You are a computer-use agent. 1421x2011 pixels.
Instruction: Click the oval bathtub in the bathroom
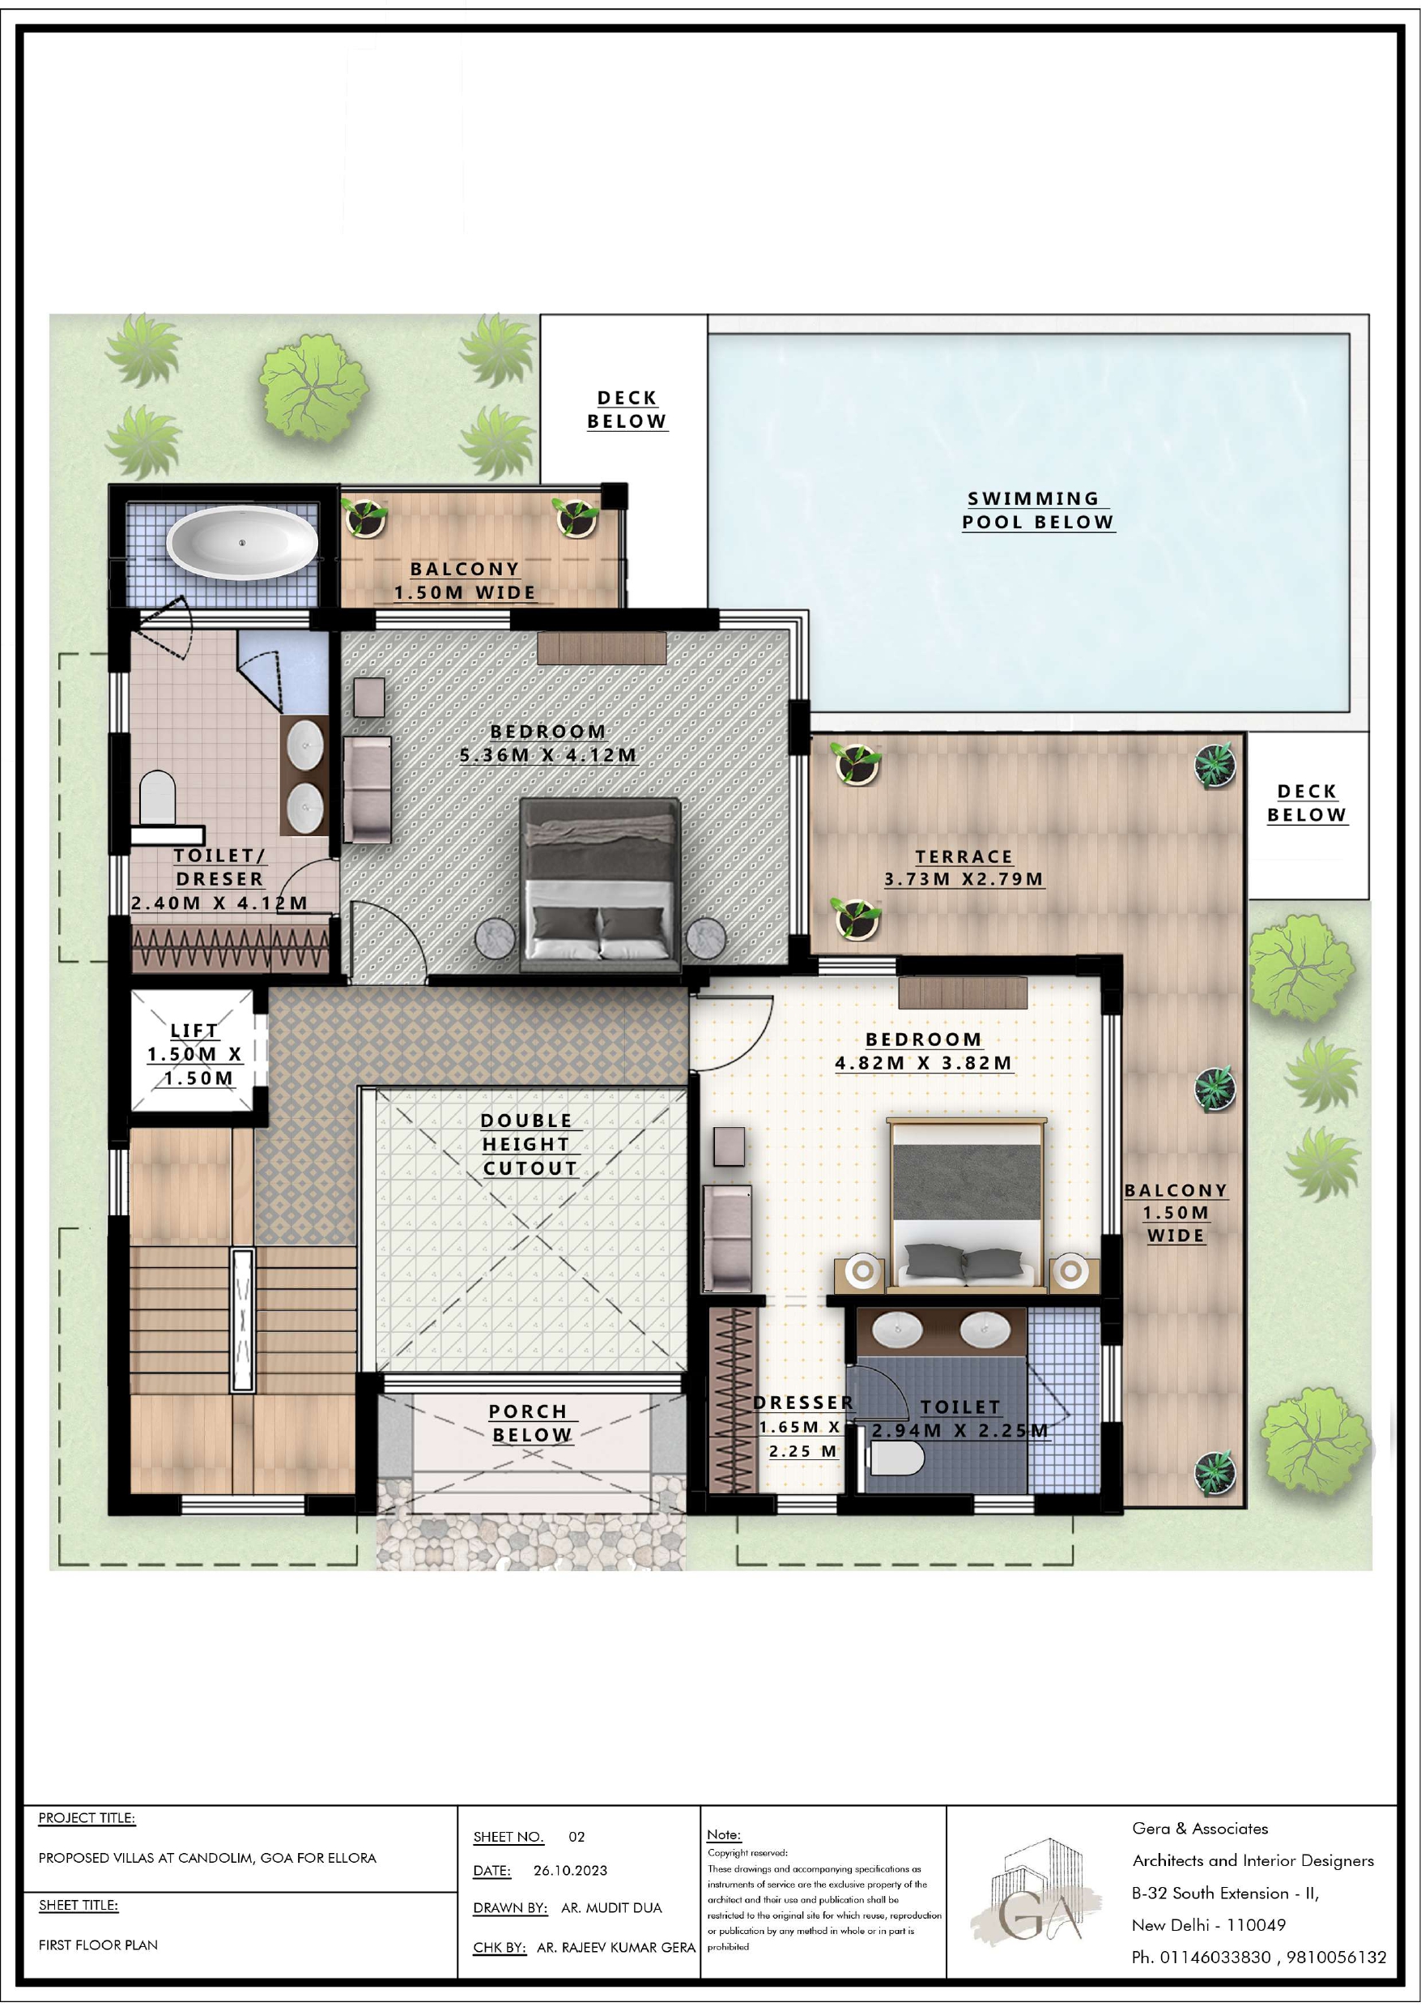(x=243, y=542)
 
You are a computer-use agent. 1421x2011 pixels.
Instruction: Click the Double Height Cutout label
(x=530, y=1144)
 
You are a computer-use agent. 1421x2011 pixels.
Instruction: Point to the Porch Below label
(x=530, y=1424)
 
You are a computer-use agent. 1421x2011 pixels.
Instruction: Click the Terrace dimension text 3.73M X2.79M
(x=964, y=878)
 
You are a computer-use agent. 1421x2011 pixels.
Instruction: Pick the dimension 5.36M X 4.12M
(x=548, y=754)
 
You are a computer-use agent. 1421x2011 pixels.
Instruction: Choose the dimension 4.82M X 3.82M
(x=924, y=1062)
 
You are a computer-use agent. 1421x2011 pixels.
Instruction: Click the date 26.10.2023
(x=570, y=1870)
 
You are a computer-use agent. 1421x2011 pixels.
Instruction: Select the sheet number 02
(x=576, y=1837)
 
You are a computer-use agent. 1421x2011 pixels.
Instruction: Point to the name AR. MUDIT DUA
(x=611, y=1907)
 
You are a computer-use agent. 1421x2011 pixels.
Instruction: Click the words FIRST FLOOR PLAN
(x=98, y=1945)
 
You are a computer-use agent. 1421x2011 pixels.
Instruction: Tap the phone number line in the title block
(x=1259, y=1957)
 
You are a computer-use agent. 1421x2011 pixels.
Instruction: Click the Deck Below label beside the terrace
(x=1306, y=803)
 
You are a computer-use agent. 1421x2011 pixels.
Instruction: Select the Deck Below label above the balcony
(x=627, y=409)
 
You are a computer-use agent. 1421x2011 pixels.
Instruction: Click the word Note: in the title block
(x=723, y=1834)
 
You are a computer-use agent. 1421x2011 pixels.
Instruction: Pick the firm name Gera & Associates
(x=1199, y=1828)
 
